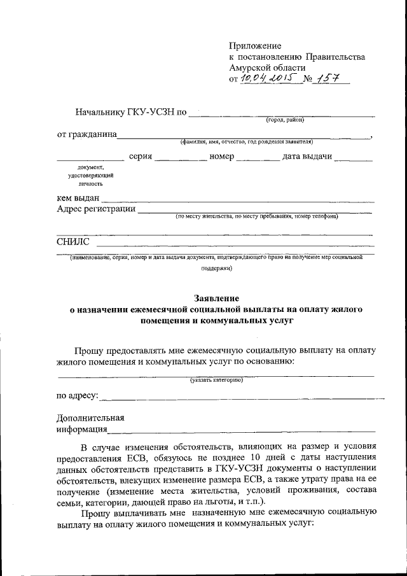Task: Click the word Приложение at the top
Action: (x=255, y=46)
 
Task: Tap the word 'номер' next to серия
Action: (x=222, y=157)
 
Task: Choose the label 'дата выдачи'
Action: (x=307, y=157)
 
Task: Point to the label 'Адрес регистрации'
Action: (x=96, y=209)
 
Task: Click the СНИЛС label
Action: (x=73, y=242)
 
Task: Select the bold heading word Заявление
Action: (x=216, y=298)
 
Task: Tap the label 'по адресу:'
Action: (x=78, y=396)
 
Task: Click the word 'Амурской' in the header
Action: (x=249, y=67)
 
